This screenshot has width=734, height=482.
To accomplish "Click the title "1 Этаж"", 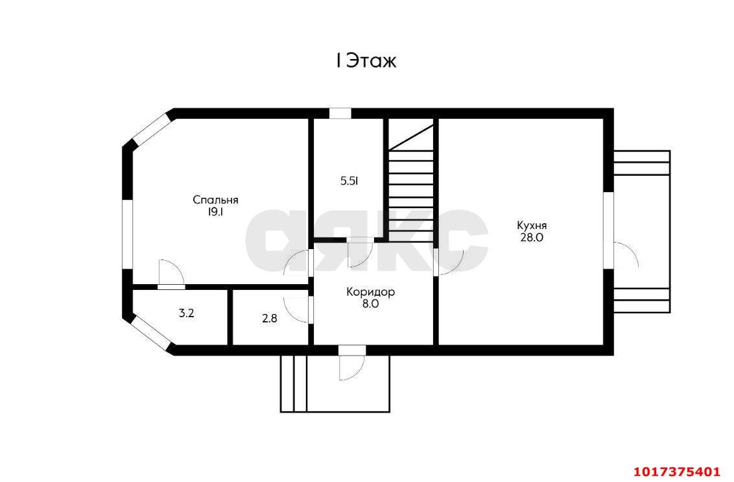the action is (366, 61).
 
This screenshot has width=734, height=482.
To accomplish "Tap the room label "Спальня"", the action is (215, 200).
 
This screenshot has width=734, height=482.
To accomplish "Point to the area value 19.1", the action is (215, 212).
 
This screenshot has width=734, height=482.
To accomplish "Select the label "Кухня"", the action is (531, 225).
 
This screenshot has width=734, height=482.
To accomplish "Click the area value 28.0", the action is (532, 237).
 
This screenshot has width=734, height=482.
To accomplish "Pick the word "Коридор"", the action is (370, 292).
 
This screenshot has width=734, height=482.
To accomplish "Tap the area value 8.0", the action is (370, 304).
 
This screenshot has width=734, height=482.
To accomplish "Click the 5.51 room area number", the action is (349, 181).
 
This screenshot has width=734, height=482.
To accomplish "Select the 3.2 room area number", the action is (186, 313).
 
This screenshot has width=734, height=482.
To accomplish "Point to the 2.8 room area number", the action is (269, 319).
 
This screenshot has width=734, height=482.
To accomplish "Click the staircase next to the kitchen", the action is (410, 180).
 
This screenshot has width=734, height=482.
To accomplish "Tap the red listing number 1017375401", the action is (676, 471).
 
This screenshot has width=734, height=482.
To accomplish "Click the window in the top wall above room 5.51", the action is (340, 114).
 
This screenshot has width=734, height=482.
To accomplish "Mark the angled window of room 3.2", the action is (150, 333).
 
